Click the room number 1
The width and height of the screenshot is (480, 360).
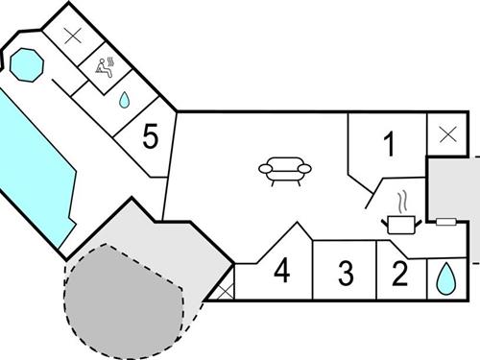(389, 145)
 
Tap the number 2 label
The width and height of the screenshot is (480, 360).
(399, 273)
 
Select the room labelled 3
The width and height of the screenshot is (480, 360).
(346, 273)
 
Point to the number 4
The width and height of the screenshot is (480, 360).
(280, 271)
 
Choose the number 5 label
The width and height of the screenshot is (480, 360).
(150, 136)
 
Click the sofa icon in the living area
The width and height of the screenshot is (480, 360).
(285, 171)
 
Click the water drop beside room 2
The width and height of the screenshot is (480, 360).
(444, 277)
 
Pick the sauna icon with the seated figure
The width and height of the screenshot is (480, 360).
(107, 66)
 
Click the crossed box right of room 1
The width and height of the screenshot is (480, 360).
(446, 134)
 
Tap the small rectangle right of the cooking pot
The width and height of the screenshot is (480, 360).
(444, 222)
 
